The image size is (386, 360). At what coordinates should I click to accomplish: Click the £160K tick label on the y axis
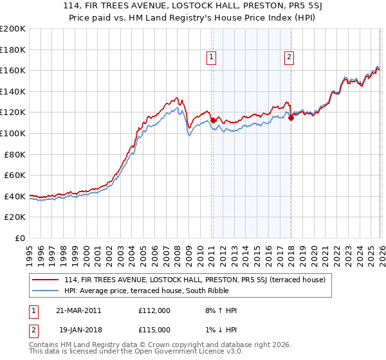pyautogui.click(x=13, y=70)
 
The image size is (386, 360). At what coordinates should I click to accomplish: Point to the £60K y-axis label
pyautogui.click(x=15, y=175)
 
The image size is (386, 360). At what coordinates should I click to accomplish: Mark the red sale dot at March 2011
pyautogui.click(x=213, y=120)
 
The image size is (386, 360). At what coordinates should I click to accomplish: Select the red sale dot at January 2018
pyautogui.click(x=291, y=117)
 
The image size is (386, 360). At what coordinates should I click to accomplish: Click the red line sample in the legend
pyautogui.click(x=46, y=280)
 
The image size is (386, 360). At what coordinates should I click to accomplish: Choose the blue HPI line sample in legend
pyautogui.click(x=46, y=290)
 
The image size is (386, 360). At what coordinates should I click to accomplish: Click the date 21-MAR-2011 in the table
pyautogui.click(x=79, y=310)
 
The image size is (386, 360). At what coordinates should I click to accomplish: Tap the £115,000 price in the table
pyautogui.click(x=154, y=329)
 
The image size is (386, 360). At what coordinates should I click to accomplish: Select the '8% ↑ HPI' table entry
pyautogui.click(x=220, y=310)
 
